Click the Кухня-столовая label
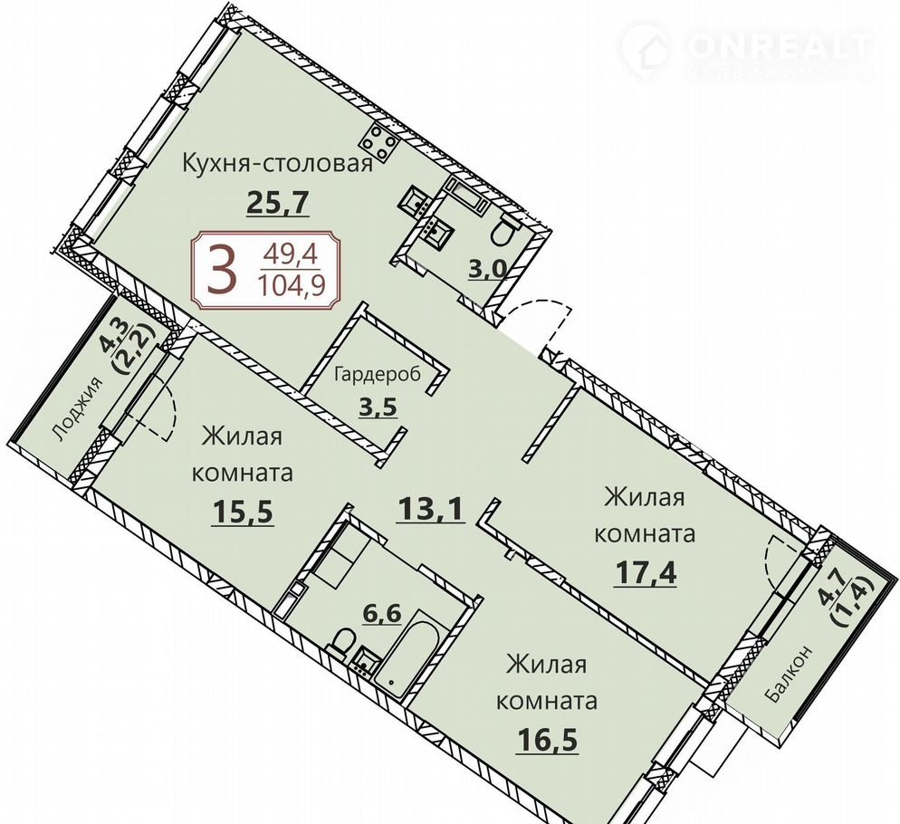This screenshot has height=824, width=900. click(278, 164)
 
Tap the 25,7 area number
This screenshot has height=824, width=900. click(278, 202)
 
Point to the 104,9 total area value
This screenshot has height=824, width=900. click(297, 285)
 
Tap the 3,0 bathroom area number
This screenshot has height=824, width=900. click(485, 269)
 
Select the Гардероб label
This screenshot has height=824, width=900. click(378, 374)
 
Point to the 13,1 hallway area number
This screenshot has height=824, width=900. click(429, 509)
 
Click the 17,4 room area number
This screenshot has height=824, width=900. click(646, 572)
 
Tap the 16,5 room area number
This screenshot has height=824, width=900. click(547, 740)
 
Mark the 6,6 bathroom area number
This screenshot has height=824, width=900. click(381, 614)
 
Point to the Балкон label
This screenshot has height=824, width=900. click(789, 674)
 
